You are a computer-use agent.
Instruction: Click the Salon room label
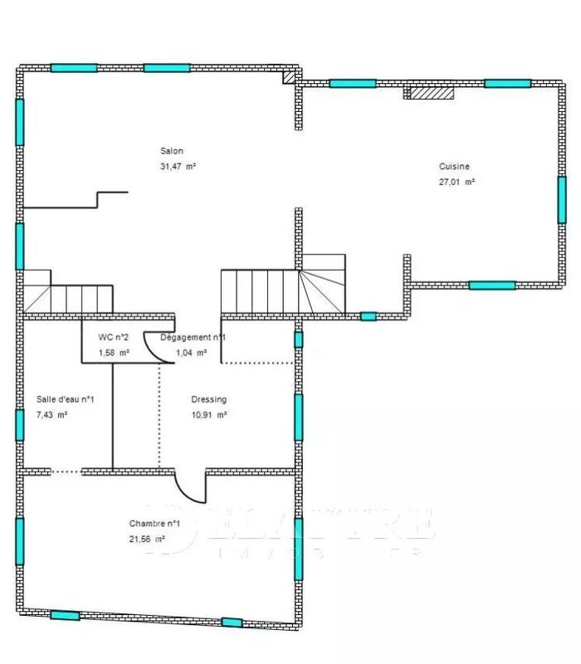click(x=172, y=151)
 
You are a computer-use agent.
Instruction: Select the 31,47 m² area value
click(x=178, y=166)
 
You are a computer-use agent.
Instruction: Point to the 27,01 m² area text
click(x=456, y=181)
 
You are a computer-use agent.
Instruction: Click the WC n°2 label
click(x=114, y=337)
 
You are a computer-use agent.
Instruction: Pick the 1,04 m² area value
click(x=190, y=352)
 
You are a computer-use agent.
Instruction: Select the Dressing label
click(x=208, y=399)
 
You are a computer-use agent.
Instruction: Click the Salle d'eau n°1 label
click(x=66, y=399)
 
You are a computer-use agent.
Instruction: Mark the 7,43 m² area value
click(x=51, y=414)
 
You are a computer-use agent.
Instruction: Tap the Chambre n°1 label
click(x=155, y=524)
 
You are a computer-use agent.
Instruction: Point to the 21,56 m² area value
click(x=147, y=539)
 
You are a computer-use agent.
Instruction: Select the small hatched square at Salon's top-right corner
click(x=289, y=77)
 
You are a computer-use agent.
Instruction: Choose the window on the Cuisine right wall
click(x=561, y=199)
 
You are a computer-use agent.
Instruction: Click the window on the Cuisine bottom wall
click(x=491, y=285)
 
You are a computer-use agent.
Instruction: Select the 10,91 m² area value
click(x=209, y=414)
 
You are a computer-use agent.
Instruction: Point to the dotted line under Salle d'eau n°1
click(x=66, y=471)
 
